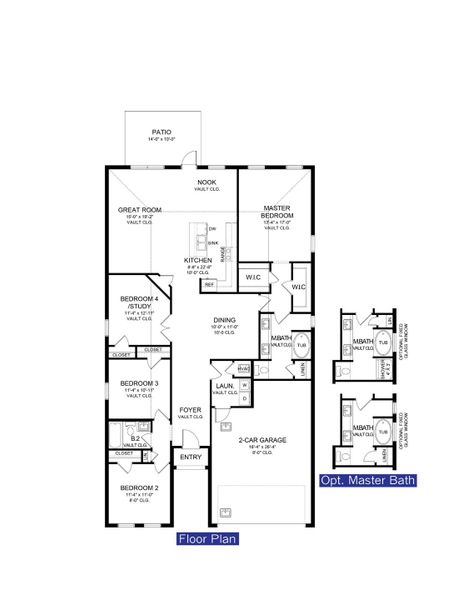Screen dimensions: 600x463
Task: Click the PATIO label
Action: pyautogui.click(x=160, y=132)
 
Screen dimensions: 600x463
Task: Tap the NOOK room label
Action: pyautogui.click(x=206, y=183)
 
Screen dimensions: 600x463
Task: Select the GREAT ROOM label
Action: pyautogui.click(x=134, y=211)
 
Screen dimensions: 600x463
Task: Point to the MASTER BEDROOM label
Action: pyautogui.click(x=276, y=212)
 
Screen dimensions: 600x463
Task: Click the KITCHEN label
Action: pyautogui.click(x=198, y=261)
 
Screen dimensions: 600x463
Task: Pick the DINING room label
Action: pyautogui.click(x=224, y=322)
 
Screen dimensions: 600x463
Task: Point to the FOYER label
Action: pyautogui.click(x=189, y=411)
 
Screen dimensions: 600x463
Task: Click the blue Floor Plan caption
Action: pyautogui.click(x=204, y=539)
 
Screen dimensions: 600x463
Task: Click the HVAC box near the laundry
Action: pyautogui.click(x=244, y=366)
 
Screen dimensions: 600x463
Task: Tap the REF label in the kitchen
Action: pyautogui.click(x=210, y=284)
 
